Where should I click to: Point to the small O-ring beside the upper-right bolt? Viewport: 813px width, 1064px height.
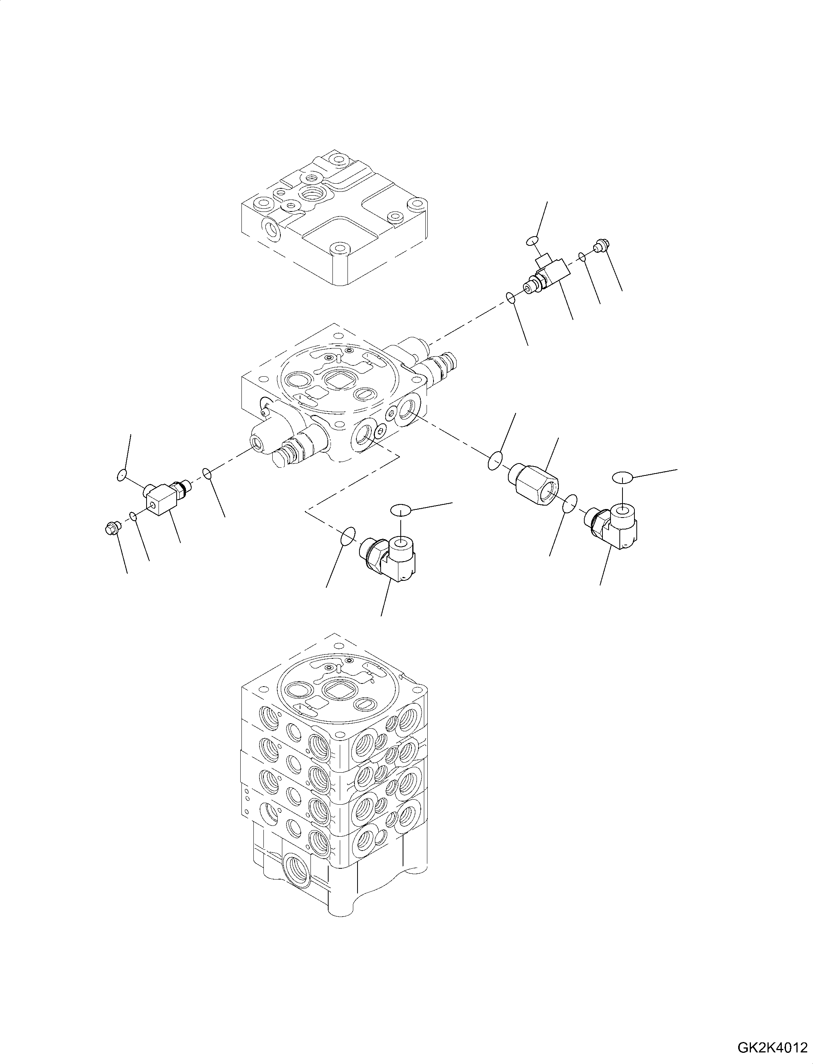[x=584, y=257]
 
